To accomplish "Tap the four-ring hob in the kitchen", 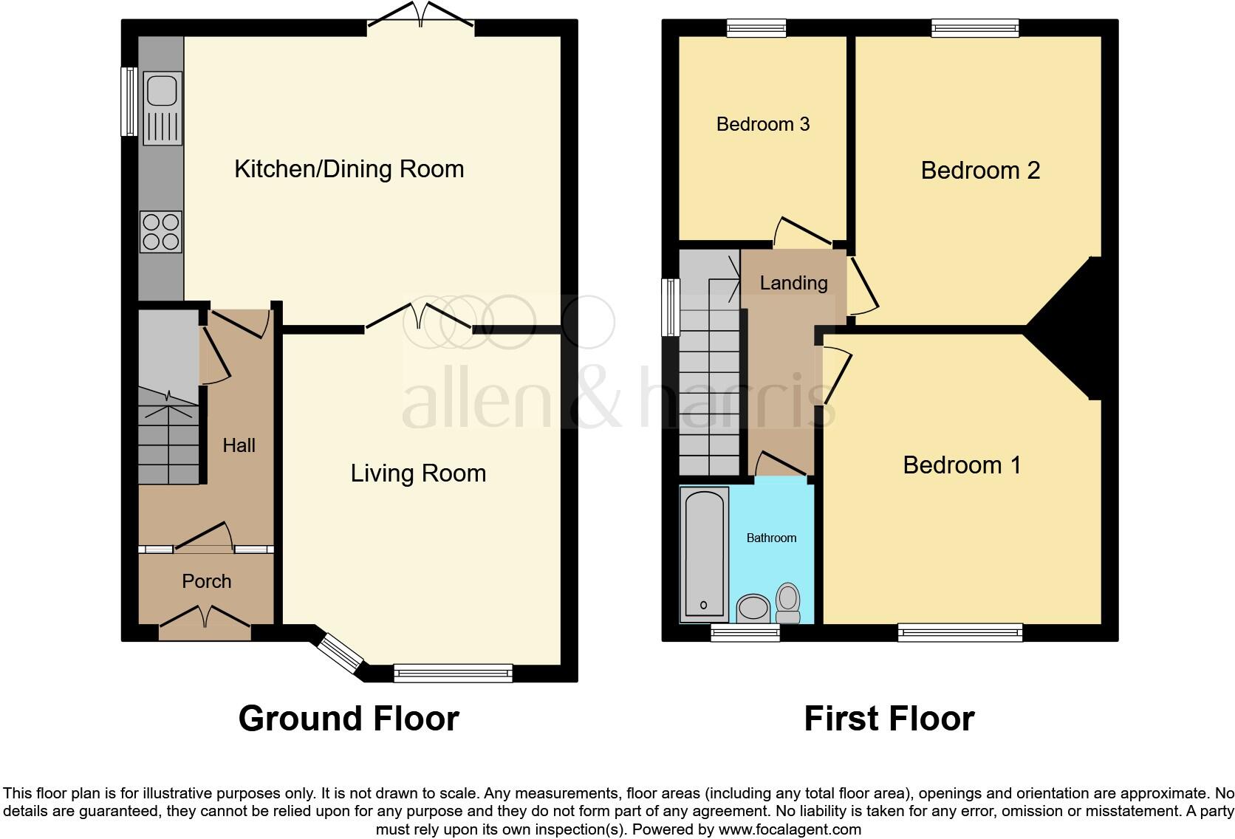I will pos(161,231).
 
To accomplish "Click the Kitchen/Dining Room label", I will pos(349,169).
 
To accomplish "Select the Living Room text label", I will pos(418,473).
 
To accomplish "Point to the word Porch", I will pos(207,581).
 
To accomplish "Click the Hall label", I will pos(239,445).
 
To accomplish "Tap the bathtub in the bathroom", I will pos(704,554).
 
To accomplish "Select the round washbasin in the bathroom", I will pos(753,609).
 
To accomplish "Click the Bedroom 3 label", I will pos(763,124).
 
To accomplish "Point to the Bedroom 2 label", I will pos(980,171).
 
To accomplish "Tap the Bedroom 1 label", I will pos(962,465).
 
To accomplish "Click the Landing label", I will pos(793,283).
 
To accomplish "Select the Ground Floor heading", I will pos(349,719).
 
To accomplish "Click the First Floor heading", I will pos(889,719).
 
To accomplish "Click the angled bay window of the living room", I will pos(341,651).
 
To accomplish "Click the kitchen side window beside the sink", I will pos(129,101).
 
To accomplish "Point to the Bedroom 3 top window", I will pos(756,28).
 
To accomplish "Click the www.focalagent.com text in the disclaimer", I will pos(789,829).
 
